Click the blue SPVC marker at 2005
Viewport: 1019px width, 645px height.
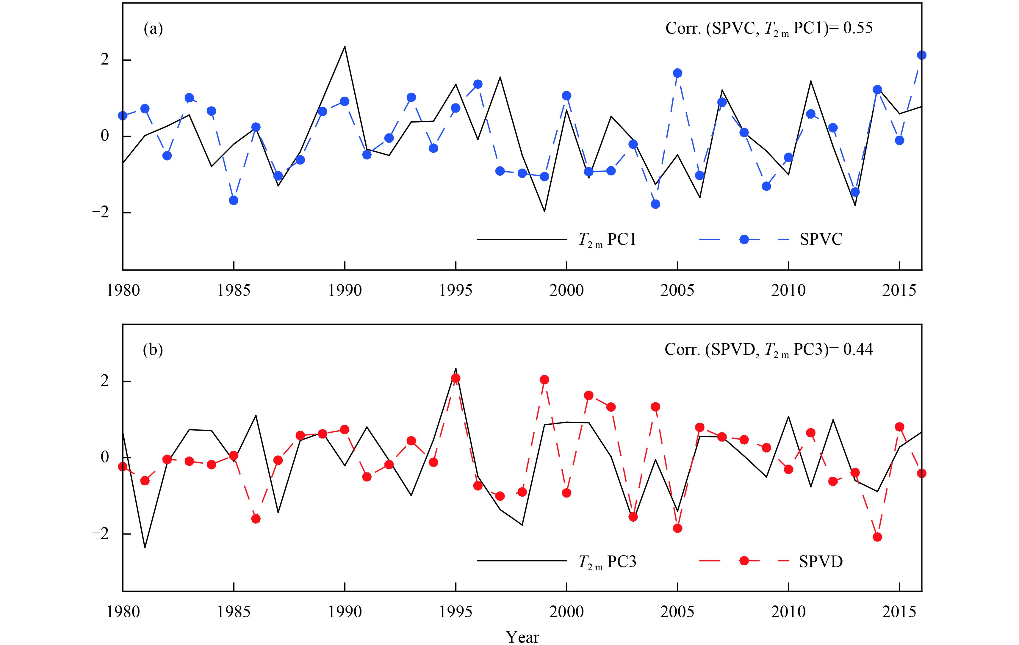(x=677, y=73)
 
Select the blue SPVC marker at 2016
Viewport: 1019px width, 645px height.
(x=921, y=55)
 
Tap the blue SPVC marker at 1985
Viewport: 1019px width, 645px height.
(x=234, y=200)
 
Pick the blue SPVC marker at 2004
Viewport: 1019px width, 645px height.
(x=655, y=204)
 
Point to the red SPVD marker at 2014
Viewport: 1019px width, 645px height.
(x=877, y=537)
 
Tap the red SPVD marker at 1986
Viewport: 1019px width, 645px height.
(x=256, y=519)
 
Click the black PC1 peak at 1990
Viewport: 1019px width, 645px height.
(x=345, y=46)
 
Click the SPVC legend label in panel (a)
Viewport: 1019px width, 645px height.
(x=821, y=239)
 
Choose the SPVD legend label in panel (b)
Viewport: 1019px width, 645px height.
(x=821, y=561)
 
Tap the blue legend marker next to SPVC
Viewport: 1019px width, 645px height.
(x=744, y=239)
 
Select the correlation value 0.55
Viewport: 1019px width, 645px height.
(x=858, y=28)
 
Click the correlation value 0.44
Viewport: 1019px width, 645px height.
(x=858, y=349)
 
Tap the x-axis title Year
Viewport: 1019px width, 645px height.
(x=523, y=637)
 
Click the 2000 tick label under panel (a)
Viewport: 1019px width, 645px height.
(x=566, y=291)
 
